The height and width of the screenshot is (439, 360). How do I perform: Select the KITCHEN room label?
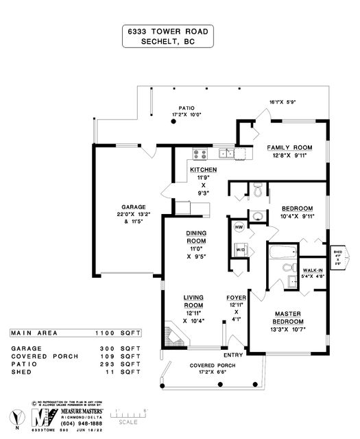coord(204,169)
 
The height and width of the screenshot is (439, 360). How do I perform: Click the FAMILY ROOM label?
coord(289,147)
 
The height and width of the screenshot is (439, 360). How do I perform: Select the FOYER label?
coord(237,297)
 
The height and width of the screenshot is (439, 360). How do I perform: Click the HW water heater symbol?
coord(240,227)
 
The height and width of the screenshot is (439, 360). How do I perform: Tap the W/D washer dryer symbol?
coord(241,248)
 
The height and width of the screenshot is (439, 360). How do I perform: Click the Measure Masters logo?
coord(45,414)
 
